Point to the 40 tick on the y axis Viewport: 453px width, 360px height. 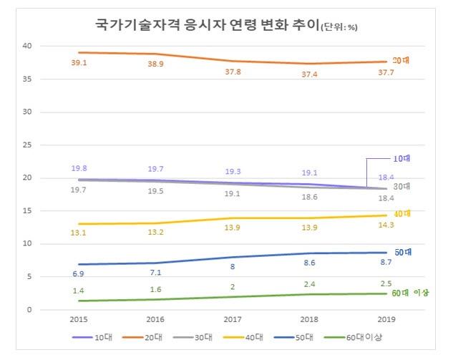27,46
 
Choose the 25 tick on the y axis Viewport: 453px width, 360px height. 27,145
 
